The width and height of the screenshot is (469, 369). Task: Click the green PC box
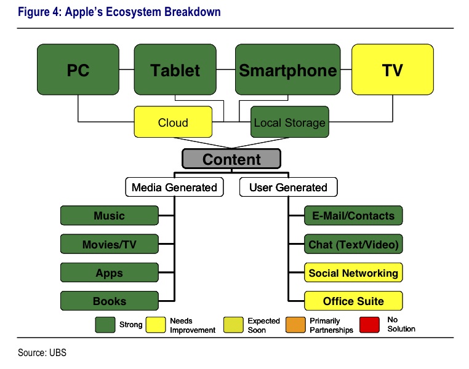pyautogui.click(x=78, y=70)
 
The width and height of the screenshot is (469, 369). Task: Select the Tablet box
pyautogui.click(x=175, y=70)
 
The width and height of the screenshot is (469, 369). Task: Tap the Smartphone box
pyautogui.click(x=288, y=70)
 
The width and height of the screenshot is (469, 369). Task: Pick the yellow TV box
pyautogui.click(x=392, y=70)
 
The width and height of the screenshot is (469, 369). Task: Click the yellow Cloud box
pyautogui.click(x=173, y=122)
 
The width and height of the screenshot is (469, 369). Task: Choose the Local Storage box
pyautogui.click(x=289, y=122)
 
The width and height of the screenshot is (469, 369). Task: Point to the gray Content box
pyautogui.click(x=231, y=159)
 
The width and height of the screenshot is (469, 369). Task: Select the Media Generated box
pyautogui.click(x=174, y=187)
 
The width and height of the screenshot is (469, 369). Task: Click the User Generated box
pyautogui.click(x=288, y=187)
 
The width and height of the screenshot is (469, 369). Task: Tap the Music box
pyautogui.click(x=109, y=216)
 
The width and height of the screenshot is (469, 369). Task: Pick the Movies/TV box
pyautogui.click(x=109, y=244)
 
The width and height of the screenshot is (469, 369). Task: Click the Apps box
pyautogui.click(x=109, y=272)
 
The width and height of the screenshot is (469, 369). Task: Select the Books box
pyautogui.click(x=109, y=301)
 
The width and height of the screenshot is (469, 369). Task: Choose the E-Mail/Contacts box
pyautogui.click(x=353, y=216)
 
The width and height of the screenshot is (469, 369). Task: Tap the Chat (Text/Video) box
pyautogui.click(x=353, y=244)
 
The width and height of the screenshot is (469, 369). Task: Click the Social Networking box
pyautogui.click(x=353, y=272)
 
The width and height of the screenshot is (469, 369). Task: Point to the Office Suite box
pyautogui.click(x=353, y=301)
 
